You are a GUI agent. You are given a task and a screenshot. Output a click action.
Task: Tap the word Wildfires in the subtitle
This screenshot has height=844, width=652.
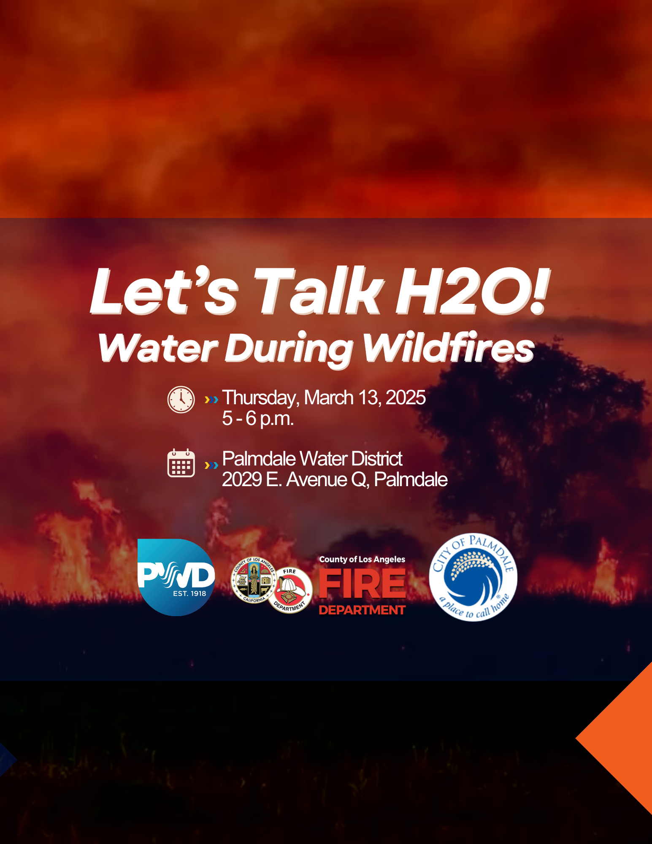(x=448, y=348)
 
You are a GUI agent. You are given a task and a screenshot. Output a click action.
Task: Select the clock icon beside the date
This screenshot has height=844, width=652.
(x=181, y=399)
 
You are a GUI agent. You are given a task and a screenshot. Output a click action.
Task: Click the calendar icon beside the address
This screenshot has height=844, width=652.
(x=181, y=463)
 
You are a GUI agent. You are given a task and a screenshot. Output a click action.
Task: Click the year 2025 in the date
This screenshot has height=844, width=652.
(x=406, y=398)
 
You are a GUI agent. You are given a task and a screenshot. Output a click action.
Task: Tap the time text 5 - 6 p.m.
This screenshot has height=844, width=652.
(x=258, y=419)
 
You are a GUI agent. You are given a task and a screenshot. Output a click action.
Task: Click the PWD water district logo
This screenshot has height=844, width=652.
(x=176, y=577)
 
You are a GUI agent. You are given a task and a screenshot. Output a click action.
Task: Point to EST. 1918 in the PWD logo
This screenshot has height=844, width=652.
(x=189, y=593)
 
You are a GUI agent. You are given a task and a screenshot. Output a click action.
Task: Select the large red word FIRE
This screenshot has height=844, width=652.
(x=362, y=584)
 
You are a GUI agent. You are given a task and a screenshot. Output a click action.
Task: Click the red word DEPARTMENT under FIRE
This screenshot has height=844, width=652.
(x=362, y=610)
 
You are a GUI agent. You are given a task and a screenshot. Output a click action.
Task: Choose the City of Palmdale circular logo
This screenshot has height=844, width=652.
(x=473, y=577)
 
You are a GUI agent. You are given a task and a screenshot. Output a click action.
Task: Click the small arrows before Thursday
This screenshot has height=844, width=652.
(x=211, y=399)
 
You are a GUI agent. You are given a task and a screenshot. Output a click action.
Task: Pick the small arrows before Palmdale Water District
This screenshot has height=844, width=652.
(x=211, y=465)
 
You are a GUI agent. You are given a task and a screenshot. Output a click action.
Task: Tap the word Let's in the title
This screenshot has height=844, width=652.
(x=165, y=291)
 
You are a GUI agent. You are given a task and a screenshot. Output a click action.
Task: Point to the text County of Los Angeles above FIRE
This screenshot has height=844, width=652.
(x=362, y=560)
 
